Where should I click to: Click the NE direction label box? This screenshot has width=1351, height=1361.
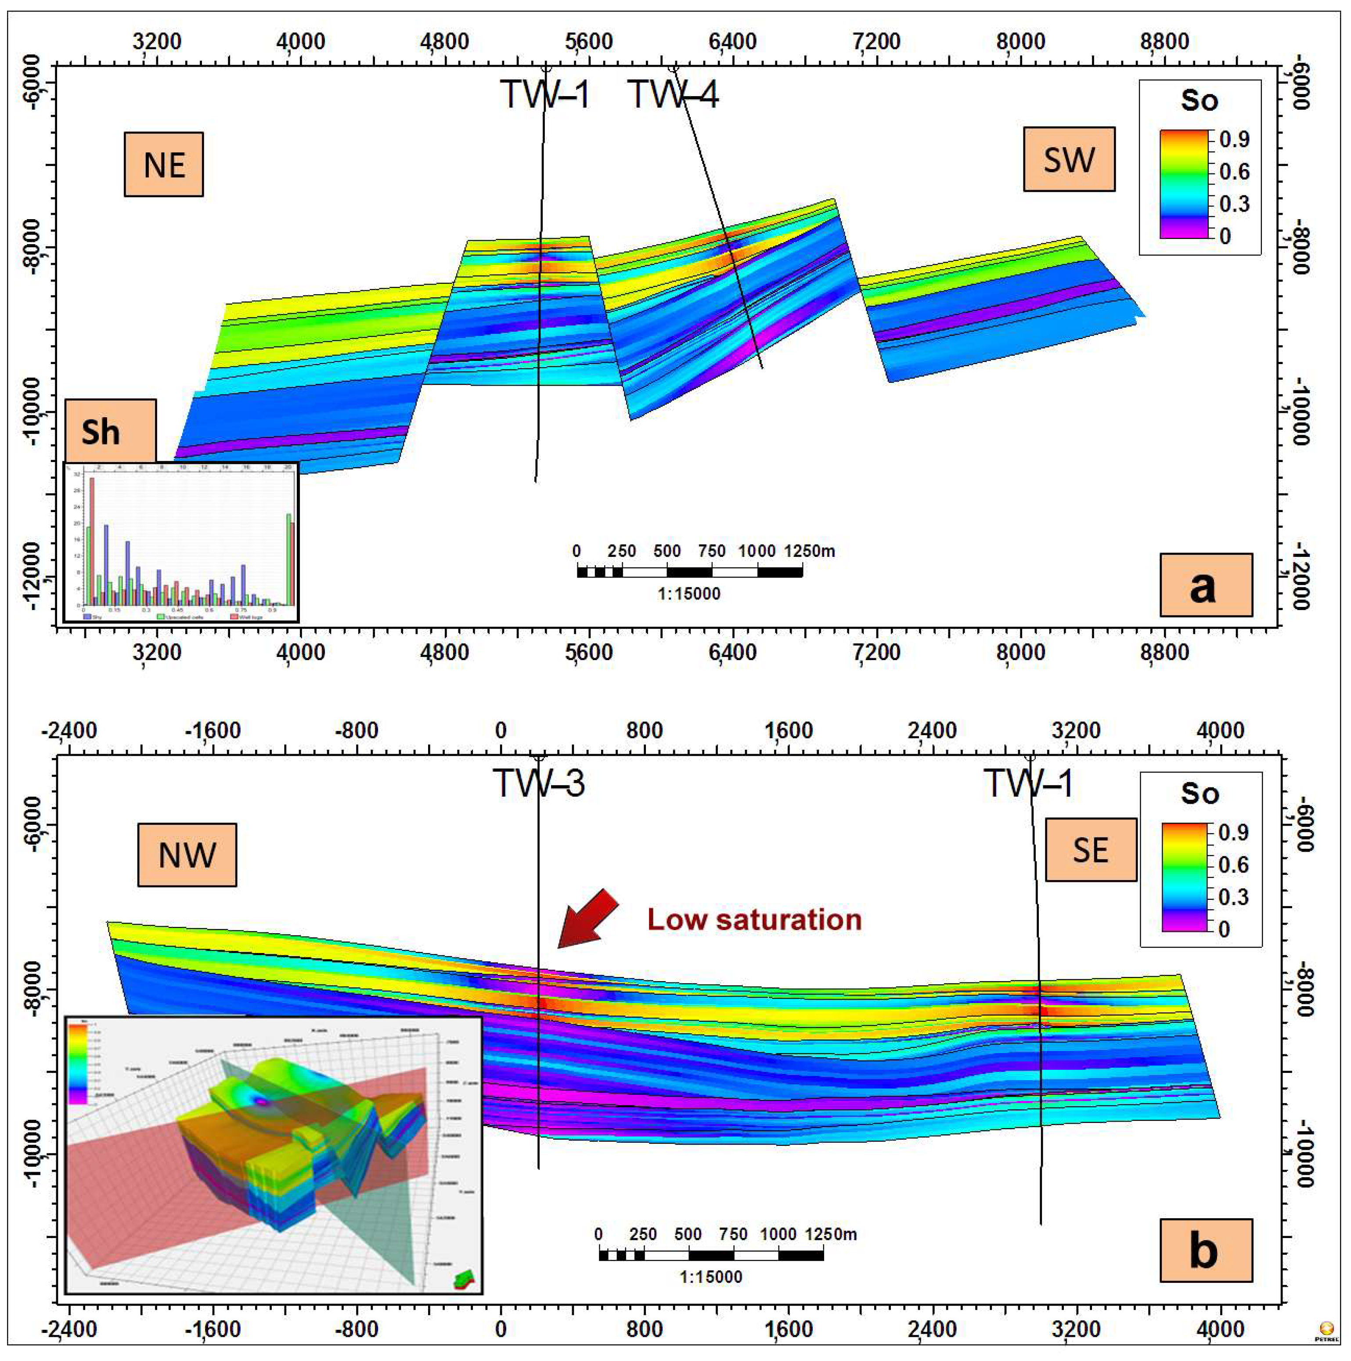[x=163, y=164]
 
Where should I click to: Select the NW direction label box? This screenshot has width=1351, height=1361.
[x=187, y=855]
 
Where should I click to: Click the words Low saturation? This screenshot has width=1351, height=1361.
[x=754, y=919]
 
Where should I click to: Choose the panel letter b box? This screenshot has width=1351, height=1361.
[x=1205, y=1250]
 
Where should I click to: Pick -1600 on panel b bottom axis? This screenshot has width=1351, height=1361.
[x=212, y=1328]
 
